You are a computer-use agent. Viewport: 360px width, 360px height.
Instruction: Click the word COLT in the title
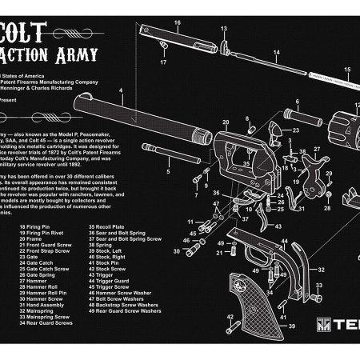(32, 31)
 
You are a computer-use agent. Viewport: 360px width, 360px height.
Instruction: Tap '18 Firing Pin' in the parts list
(37, 227)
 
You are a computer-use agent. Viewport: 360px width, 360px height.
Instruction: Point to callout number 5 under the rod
(169, 171)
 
